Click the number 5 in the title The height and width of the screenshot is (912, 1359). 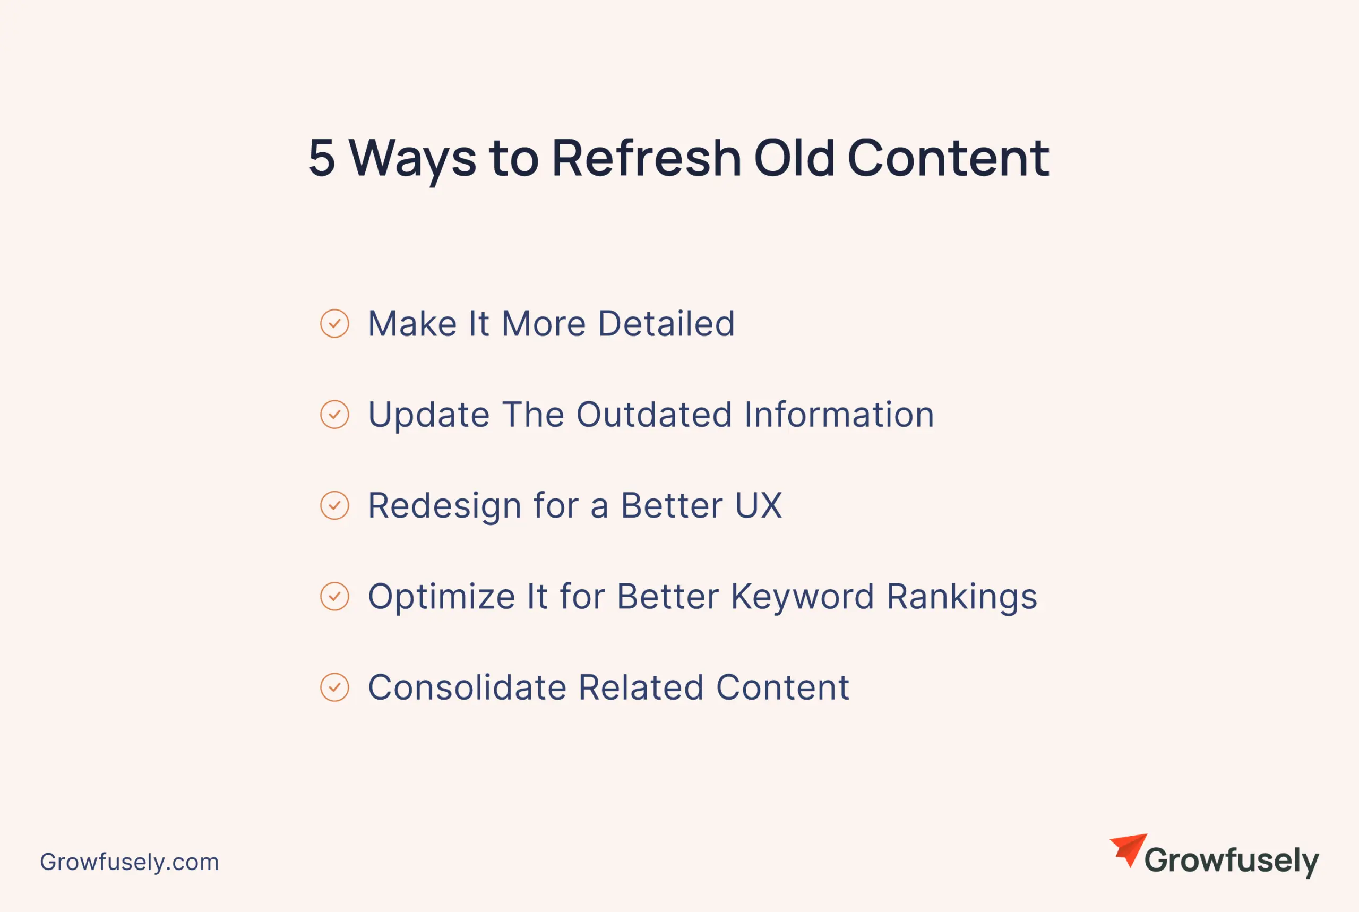click(322, 158)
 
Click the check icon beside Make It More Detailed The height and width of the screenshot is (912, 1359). click(334, 323)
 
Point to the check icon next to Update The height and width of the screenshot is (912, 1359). click(334, 415)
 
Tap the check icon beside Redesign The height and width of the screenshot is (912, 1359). click(334, 505)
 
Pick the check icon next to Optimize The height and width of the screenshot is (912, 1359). click(334, 596)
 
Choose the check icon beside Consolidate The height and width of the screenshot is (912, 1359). click(334, 687)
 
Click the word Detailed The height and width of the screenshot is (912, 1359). click(666, 323)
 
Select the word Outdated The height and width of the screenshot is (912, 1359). click(654, 415)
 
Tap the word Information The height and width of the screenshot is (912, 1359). click(839, 415)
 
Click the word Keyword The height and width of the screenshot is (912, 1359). click(803, 597)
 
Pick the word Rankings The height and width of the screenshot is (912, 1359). click(962, 597)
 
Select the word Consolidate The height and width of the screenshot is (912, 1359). click(468, 687)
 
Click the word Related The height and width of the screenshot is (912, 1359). click(641, 687)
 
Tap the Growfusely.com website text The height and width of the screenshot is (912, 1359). click(129, 862)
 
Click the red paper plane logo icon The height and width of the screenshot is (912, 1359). click(1129, 850)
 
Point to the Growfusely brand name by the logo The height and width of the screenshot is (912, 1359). click(1232, 862)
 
